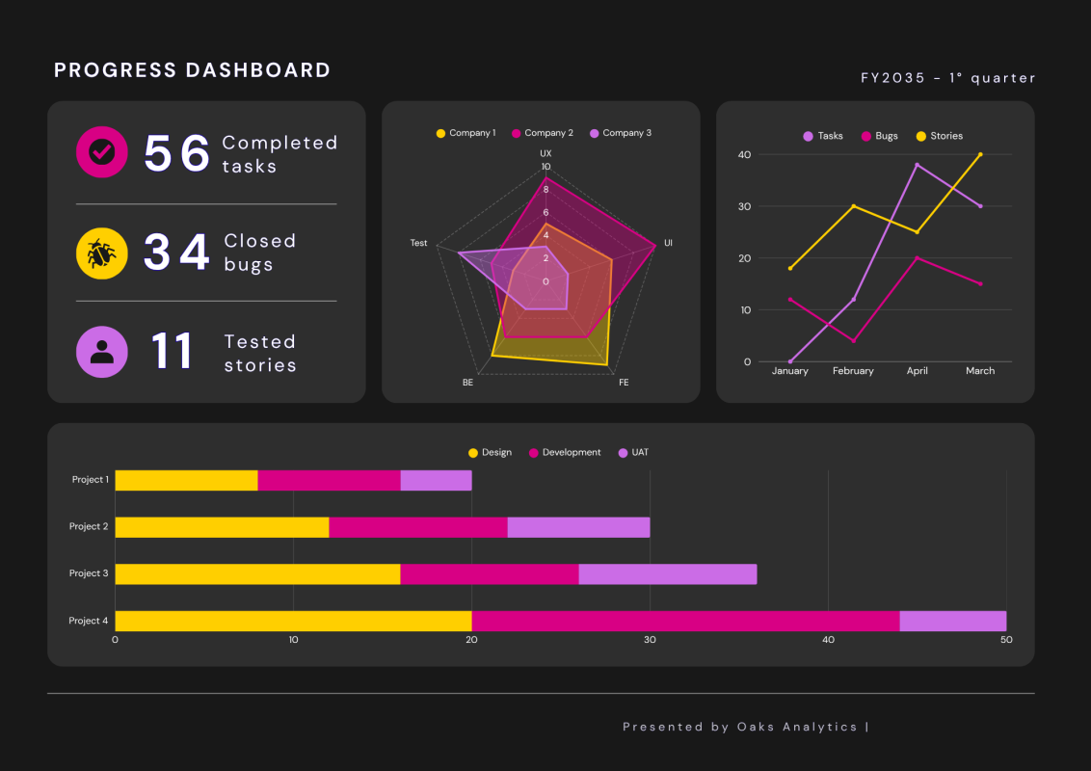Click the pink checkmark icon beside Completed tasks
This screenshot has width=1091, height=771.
pyautogui.click(x=101, y=151)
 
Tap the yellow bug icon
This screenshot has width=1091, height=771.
pyautogui.click(x=101, y=253)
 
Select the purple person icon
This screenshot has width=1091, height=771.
pyautogui.click(x=101, y=352)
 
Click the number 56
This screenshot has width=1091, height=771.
pyautogui.click(x=176, y=153)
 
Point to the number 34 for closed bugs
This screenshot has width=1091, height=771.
pyautogui.click(x=176, y=253)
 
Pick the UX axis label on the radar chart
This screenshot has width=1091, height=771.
pyautogui.click(x=545, y=153)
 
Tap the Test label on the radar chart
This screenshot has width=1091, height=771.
pyautogui.click(x=418, y=243)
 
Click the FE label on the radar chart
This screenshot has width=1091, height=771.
pyautogui.click(x=624, y=383)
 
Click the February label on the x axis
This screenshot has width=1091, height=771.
pyautogui.click(x=853, y=371)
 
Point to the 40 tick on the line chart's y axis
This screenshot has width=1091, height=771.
pyautogui.click(x=744, y=154)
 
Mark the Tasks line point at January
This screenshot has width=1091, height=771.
pyautogui.click(x=790, y=361)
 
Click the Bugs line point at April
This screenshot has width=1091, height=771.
pyautogui.click(x=917, y=258)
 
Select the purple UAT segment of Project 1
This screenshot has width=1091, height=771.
pyautogui.click(x=436, y=480)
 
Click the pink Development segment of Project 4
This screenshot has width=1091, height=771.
pyautogui.click(x=685, y=621)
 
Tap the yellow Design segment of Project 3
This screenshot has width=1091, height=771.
pyautogui.click(x=257, y=573)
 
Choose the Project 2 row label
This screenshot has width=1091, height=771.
pyautogui.click(x=89, y=526)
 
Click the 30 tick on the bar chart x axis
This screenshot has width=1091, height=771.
pyautogui.click(x=650, y=640)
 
